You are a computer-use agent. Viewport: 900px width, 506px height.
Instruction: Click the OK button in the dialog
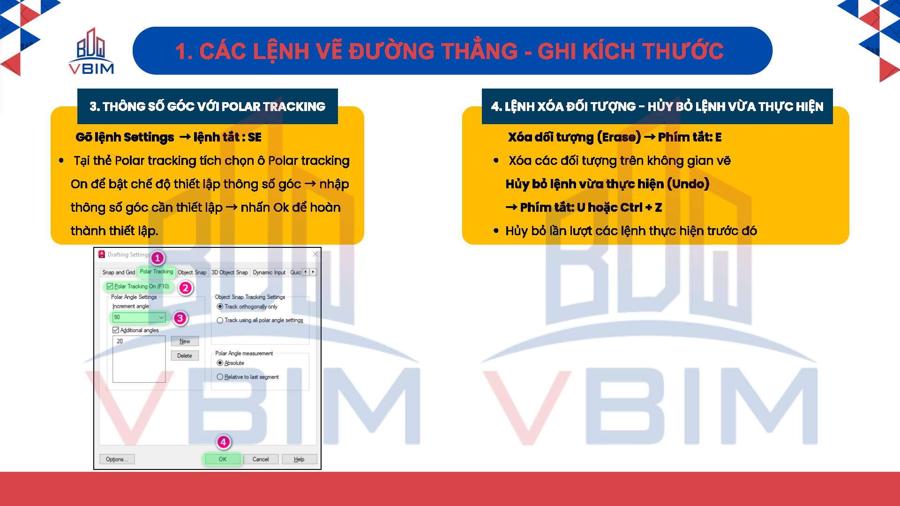point(222,459)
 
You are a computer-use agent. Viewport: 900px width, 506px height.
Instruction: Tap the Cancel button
point(261,459)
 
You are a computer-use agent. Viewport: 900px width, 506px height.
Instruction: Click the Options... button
point(117,459)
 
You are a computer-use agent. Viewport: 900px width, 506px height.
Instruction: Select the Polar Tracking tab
point(157,272)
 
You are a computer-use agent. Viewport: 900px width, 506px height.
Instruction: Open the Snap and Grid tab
point(119,272)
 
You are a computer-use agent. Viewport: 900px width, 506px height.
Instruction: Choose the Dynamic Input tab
point(269,272)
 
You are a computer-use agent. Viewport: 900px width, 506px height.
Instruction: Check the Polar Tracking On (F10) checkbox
point(110,286)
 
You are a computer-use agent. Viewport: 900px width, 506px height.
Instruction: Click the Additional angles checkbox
point(116,330)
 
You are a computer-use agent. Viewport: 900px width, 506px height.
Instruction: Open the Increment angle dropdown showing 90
point(139,317)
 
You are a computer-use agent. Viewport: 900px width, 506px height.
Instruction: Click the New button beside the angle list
point(185,341)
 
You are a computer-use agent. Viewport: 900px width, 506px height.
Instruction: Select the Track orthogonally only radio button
point(220,306)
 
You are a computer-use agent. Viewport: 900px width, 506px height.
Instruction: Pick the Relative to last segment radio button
point(220,377)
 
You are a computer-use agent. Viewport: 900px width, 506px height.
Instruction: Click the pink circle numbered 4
point(223,442)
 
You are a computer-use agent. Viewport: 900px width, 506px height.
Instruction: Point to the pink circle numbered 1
point(157,258)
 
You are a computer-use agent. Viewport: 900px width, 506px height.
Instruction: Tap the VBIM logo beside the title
point(91,51)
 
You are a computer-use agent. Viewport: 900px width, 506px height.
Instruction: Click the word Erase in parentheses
point(619,137)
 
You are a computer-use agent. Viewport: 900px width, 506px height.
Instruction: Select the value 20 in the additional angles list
point(120,341)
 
